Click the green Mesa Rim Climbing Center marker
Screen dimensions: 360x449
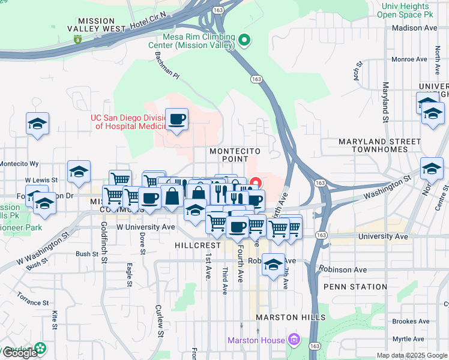[244, 40]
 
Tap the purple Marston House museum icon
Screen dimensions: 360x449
[294, 340]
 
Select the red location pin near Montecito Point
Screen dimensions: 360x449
[256, 183]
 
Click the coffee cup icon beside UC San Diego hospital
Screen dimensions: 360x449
[176, 120]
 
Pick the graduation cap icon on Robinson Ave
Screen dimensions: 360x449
[273, 265]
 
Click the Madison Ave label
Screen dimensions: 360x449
[414, 28]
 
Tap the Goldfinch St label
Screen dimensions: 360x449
[104, 242]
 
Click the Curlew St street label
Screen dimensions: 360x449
[160, 320]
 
